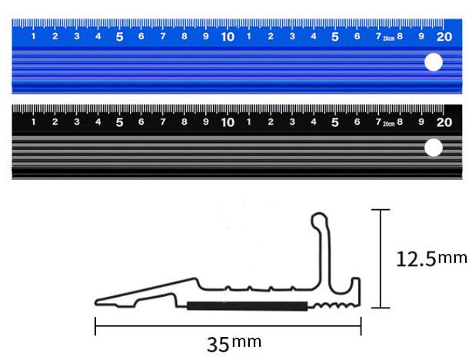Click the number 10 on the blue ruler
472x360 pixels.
coord(228,36)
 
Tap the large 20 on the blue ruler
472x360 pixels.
coord(444,35)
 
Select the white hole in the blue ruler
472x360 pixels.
coord(434,62)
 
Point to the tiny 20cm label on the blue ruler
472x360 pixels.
coord(388,38)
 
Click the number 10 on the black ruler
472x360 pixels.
coord(228,122)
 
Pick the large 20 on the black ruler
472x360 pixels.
coord(444,122)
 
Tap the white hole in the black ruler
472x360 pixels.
coord(434,148)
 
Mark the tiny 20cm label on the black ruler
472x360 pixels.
coord(388,123)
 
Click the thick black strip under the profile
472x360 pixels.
coord(246,306)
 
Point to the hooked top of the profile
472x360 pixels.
coord(318,221)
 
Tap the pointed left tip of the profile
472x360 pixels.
coord(96,301)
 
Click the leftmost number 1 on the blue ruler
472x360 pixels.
coord(33,37)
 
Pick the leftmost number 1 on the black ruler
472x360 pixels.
coord(33,122)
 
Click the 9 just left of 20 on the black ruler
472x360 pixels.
coord(421,122)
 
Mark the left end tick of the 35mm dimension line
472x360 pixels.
coord(95,326)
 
